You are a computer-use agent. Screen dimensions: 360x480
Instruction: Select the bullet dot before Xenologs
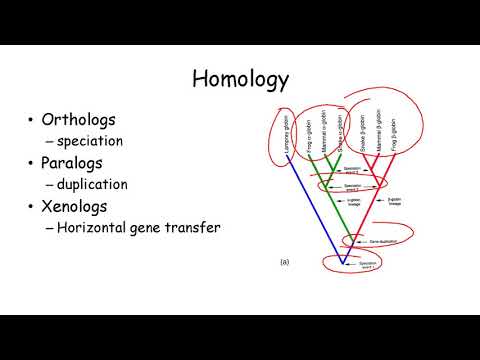32,207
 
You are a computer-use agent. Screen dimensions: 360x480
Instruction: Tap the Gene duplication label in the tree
371,241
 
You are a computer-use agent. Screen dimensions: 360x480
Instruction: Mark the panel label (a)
284,262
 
